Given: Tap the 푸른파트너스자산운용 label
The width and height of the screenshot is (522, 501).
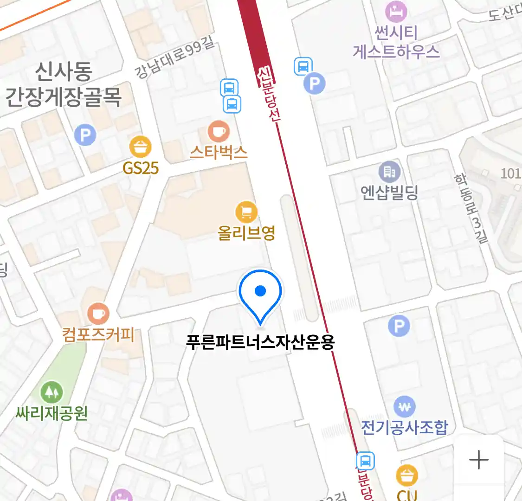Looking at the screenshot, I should click(260, 342).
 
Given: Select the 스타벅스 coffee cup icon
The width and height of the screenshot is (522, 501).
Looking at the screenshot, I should click(219, 132).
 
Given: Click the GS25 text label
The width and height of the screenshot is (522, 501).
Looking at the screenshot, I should click(141, 168).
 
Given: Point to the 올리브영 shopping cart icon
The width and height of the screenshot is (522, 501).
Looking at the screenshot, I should click(246, 212).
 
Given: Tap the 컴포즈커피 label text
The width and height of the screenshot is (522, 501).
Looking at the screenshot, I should click(98, 334).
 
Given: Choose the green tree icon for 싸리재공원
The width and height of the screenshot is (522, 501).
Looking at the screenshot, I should click(52, 392).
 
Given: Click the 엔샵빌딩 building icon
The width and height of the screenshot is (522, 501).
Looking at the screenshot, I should click(389, 172).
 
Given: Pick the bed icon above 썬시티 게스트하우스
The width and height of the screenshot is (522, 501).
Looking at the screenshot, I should click(396, 12).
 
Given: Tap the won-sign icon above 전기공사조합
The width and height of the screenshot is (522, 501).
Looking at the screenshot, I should click(405, 407).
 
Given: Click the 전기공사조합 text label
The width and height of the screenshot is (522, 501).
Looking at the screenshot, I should click(405, 427).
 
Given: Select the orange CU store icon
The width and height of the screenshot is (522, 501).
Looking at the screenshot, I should click(407, 475).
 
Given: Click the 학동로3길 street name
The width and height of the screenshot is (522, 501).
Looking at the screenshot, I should click(471, 208).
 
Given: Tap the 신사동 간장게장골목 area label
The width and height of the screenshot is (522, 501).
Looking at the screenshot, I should click(64, 84).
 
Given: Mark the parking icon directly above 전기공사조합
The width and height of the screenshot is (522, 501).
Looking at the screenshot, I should click(399, 326).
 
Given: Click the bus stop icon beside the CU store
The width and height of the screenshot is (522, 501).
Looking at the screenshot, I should click(365, 462).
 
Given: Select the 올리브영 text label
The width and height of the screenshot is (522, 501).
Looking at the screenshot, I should click(246, 232).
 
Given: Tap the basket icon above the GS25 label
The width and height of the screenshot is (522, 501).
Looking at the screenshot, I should click(140, 148).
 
